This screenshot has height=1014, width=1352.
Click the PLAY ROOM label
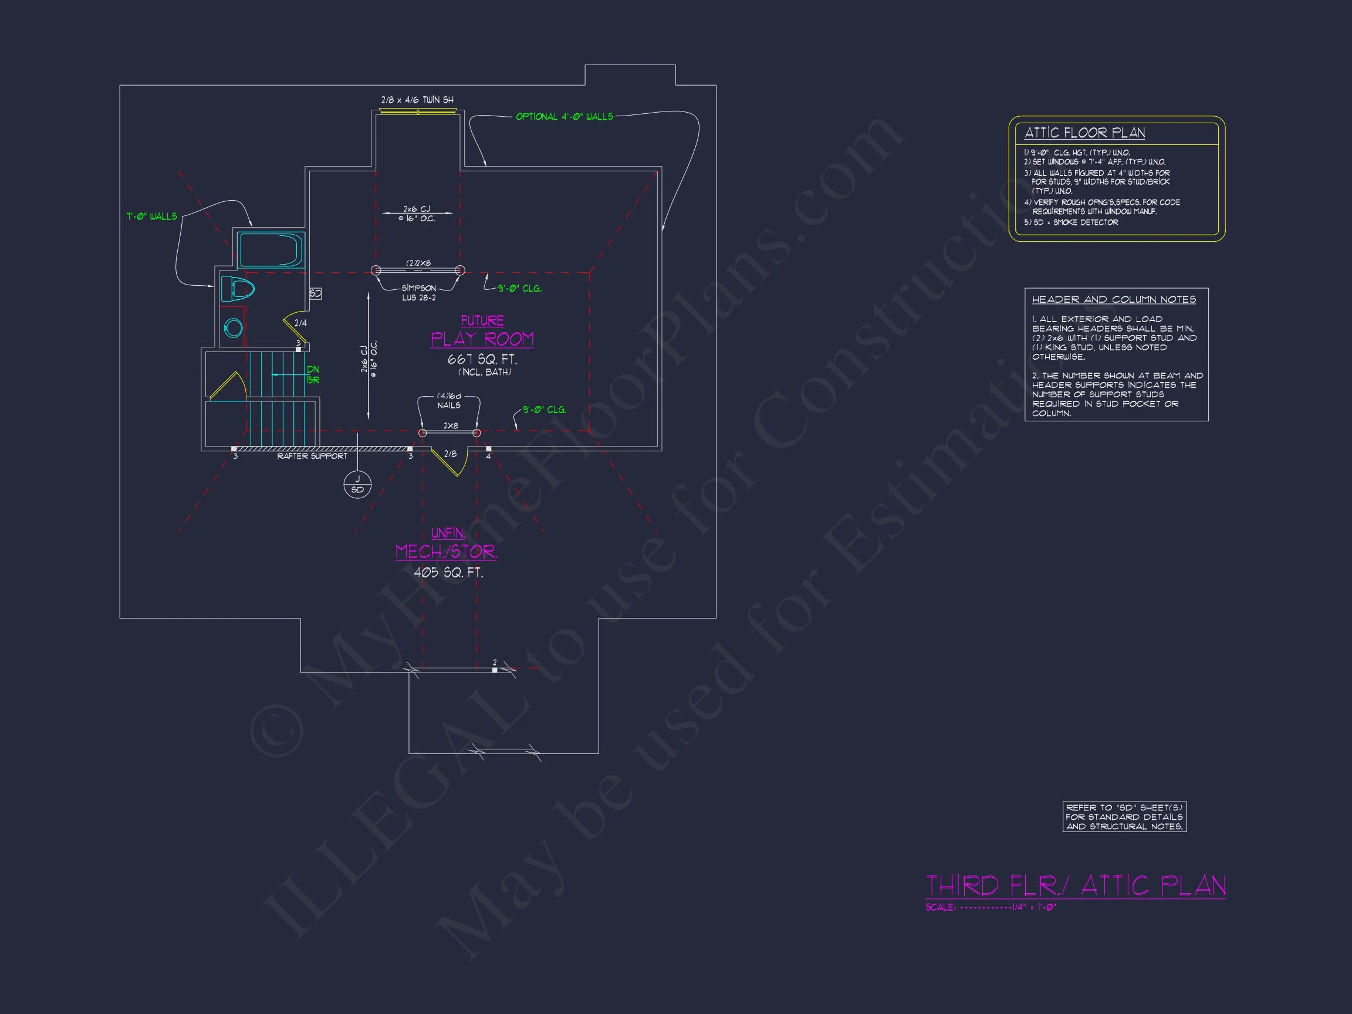point(482,339)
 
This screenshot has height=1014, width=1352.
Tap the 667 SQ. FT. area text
point(482,359)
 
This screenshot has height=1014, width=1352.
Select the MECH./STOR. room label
point(446,552)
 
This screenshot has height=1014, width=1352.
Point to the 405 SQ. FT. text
point(448,573)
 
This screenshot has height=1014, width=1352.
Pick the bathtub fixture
point(271,249)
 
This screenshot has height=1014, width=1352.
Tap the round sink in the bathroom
point(233,328)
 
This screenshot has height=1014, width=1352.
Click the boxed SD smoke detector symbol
point(315,293)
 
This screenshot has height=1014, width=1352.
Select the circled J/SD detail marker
point(357,484)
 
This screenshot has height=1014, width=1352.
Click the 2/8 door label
point(450,454)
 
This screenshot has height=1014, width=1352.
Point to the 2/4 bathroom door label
point(300,323)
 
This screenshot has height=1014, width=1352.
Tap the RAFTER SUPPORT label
point(312,457)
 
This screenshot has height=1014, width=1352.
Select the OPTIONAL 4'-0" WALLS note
point(563,117)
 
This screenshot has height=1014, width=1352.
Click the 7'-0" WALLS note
point(151,217)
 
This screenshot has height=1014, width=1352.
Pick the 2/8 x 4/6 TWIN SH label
point(417,100)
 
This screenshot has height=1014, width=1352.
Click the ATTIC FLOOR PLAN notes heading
point(1084,133)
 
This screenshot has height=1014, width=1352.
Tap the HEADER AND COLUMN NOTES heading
point(1114,299)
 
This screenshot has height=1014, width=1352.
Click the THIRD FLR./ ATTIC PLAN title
point(1075,885)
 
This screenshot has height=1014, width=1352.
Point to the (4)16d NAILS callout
point(449,401)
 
